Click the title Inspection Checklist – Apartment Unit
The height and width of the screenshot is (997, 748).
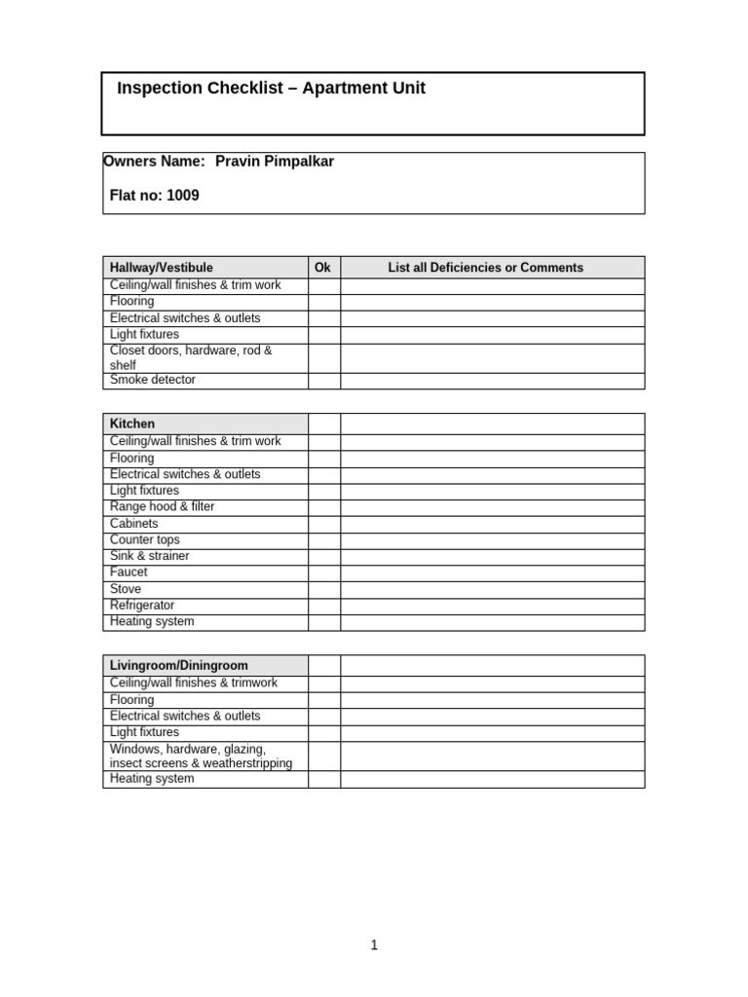[x=271, y=89]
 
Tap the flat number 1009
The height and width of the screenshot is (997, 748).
[x=183, y=196]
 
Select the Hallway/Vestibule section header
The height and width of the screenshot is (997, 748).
[x=162, y=268]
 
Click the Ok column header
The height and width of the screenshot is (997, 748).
[x=323, y=268]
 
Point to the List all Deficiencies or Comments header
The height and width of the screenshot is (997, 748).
[x=485, y=268]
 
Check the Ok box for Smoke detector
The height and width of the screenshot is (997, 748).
[x=324, y=381]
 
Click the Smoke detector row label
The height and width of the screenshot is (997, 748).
[x=153, y=381]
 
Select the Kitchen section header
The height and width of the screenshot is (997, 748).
[x=132, y=425]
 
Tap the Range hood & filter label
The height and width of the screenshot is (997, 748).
[x=163, y=507]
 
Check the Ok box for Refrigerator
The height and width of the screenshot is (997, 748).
[x=324, y=606]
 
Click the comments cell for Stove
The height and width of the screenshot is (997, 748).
[x=492, y=589]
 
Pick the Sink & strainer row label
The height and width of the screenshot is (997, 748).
[x=150, y=556]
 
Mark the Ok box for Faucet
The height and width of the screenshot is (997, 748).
[x=324, y=572]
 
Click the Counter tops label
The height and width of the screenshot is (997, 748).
[x=145, y=539]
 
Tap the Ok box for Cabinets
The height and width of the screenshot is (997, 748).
[x=324, y=524]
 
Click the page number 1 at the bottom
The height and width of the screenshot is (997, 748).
[x=374, y=945]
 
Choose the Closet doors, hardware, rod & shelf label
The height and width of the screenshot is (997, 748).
[x=191, y=357]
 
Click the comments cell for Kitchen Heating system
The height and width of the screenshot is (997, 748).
[x=492, y=622]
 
